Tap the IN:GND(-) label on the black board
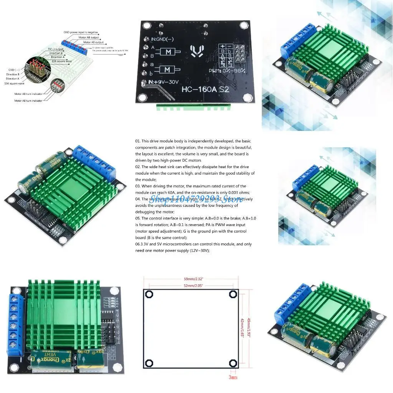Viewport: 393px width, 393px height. (164, 39)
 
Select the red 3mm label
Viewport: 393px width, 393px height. (233, 377)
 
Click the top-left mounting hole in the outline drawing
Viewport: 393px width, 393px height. (149, 294)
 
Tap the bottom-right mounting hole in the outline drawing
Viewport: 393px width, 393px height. (233, 363)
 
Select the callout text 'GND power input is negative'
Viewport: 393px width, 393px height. (81, 32)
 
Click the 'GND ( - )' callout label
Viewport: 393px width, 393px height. (13, 69)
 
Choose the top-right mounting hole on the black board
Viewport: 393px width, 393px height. (243, 26)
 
